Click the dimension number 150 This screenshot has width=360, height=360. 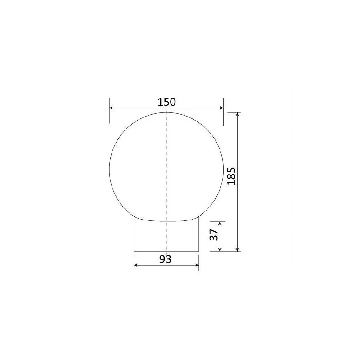coord(166,102)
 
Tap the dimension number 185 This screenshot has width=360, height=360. coord(231,176)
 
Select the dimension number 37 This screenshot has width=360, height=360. coord(214,234)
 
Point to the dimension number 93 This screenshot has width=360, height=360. coord(165,259)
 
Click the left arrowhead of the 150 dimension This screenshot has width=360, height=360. coord(111,108)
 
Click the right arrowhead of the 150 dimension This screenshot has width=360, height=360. coord(221,108)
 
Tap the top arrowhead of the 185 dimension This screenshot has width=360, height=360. coord(238,114)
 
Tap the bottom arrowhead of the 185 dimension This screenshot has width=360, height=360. coord(238,250)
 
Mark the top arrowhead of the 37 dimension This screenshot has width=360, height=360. coord(220,223)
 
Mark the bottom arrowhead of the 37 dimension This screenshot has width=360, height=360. coord(220,250)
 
